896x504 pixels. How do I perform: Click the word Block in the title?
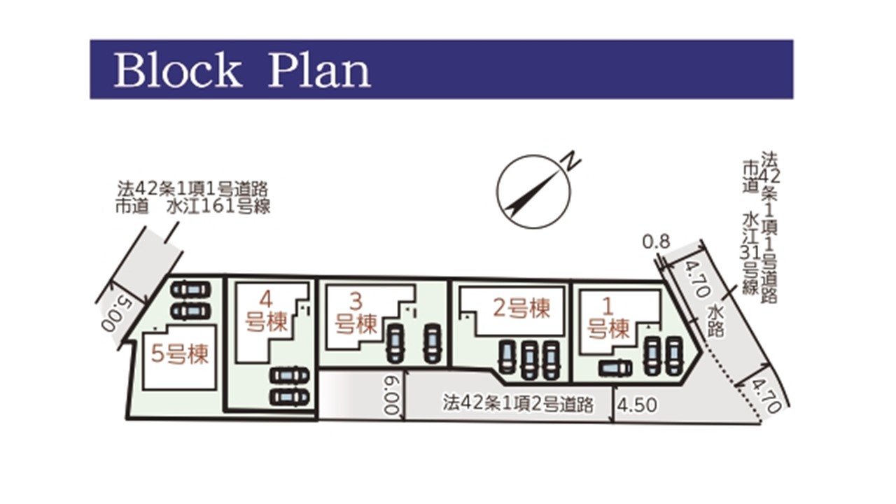(x=178, y=71)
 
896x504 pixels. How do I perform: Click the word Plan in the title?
(x=319, y=71)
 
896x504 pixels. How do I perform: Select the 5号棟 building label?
(x=180, y=354)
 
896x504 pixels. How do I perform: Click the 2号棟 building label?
(x=521, y=308)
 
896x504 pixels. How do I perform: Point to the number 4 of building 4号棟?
(x=266, y=299)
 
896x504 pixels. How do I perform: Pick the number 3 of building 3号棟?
(x=356, y=302)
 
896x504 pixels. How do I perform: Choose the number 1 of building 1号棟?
(x=608, y=307)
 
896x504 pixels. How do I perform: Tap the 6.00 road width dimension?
(x=391, y=394)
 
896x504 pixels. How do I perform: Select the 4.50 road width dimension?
(x=637, y=405)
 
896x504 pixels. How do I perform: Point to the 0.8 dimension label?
(x=656, y=242)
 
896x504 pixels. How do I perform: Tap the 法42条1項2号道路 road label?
(x=517, y=404)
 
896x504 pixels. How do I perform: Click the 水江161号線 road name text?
(x=218, y=207)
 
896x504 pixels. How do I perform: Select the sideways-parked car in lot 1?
(x=615, y=368)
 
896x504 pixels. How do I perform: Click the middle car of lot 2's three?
(x=529, y=360)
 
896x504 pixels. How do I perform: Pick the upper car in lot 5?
(x=191, y=290)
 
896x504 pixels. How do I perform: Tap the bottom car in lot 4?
(x=290, y=398)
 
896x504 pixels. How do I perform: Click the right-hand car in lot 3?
(x=432, y=343)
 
